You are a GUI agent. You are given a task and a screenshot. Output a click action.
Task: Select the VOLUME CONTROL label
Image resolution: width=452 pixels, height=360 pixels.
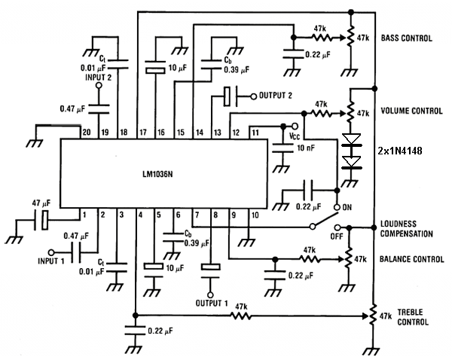412,111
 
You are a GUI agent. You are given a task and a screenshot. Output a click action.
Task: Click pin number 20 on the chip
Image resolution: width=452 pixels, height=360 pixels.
86,133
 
